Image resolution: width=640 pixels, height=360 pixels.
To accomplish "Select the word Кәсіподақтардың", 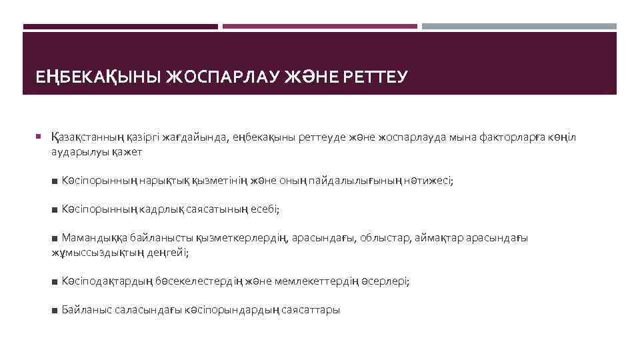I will click(105, 281).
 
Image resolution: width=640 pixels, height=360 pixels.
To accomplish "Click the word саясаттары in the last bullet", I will click(311, 310).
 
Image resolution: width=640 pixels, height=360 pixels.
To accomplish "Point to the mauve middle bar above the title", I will click(319, 27).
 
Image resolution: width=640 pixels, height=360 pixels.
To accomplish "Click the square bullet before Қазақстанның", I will click(39, 137).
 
